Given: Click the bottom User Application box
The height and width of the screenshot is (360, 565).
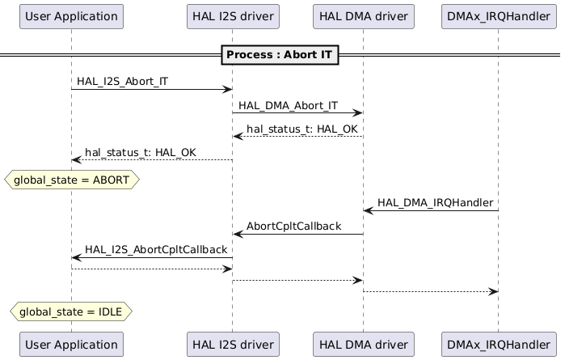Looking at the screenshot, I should pyautogui.click(x=71, y=344).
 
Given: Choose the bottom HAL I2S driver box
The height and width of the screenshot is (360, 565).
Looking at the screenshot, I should pyautogui.click(x=232, y=344).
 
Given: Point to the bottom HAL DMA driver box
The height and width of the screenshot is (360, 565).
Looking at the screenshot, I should pyautogui.click(x=363, y=344).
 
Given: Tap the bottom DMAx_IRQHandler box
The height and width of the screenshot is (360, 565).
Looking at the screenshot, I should pyautogui.click(x=498, y=344).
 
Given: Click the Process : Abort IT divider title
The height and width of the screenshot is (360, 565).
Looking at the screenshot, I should pyautogui.click(x=283, y=55).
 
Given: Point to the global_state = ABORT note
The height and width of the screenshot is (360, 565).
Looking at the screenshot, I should pyautogui.click(x=72, y=180).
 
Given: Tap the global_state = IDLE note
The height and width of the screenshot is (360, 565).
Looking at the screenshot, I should pyautogui.click(x=71, y=311).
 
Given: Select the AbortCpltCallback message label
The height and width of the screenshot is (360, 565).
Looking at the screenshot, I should pyautogui.click(x=293, y=227).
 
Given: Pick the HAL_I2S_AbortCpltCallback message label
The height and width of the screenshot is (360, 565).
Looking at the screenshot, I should pyautogui.click(x=156, y=250).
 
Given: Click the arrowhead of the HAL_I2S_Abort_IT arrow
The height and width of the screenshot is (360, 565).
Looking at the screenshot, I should pyautogui.click(x=228, y=90).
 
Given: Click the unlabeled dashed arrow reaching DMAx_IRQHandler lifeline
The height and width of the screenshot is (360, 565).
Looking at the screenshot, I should pyautogui.click(x=430, y=291).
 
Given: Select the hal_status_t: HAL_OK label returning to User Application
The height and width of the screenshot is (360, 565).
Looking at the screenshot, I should pyautogui.click(x=140, y=152).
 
